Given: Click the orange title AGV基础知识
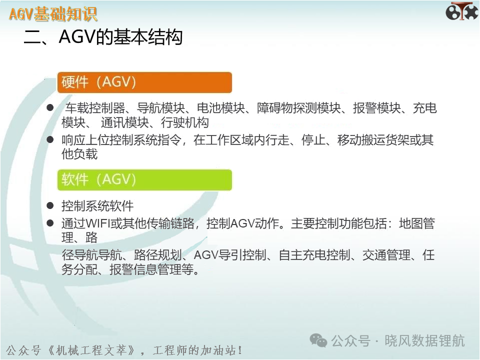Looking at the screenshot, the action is point(53,14).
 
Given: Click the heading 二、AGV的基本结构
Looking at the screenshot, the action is point(103,37).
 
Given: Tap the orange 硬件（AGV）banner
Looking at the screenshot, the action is point(144,82).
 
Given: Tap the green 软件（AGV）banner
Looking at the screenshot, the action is point(144,179).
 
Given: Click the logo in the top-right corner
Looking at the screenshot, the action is point(461,11).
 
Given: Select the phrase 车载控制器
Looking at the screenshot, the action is point(95,108).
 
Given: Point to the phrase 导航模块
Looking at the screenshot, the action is point(160,108).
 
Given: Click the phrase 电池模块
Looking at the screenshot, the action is point(220,108).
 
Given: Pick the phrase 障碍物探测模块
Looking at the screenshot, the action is point(299,108).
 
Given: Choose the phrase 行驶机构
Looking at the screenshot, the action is point(185,123).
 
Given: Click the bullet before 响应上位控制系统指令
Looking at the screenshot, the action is point(50,139).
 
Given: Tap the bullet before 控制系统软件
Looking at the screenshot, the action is point(50,205).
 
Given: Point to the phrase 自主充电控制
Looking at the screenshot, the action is point(314,254).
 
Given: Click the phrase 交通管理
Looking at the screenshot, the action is point(386,254).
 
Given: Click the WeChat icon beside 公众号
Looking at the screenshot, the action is point(318,340).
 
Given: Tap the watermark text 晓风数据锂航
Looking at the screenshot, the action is point(424,340).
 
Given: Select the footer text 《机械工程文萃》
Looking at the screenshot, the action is point(91,350).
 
